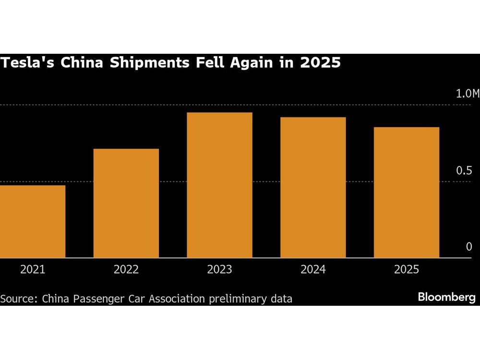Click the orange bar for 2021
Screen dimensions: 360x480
[x=33, y=221]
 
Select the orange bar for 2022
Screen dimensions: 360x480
[x=126, y=203]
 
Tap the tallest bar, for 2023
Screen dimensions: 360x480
[x=219, y=185]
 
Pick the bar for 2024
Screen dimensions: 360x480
[x=313, y=187]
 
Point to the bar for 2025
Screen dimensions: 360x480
[x=406, y=192]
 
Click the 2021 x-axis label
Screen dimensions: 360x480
[x=33, y=270]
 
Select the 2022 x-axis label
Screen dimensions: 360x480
[x=126, y=270]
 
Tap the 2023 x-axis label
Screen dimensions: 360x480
[x=219, y=270]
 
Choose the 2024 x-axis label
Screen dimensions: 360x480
[x=313, y=270]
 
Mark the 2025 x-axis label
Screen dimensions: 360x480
[x=406, y=270]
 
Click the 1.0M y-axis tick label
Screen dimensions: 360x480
[x=467, y=94]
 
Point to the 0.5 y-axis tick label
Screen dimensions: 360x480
[x=464, y=171]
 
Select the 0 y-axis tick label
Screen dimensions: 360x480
[x=469, y=247]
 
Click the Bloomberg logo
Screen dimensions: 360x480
[x=446, y=298]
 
